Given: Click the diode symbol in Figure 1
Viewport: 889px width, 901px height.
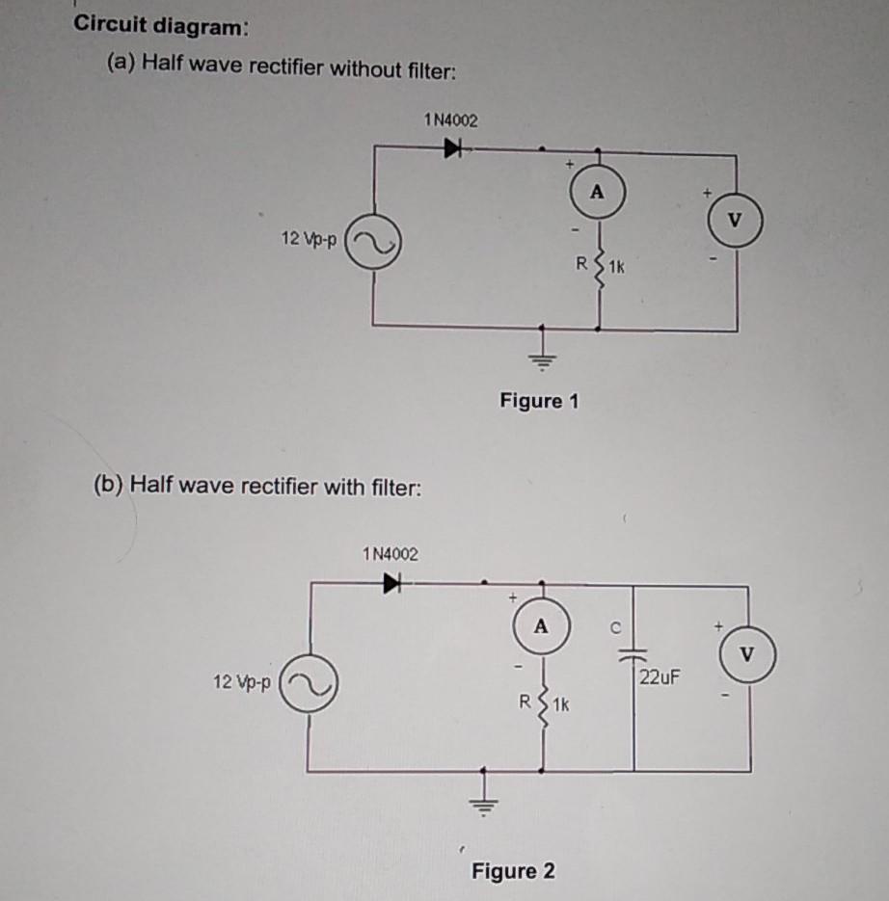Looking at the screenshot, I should click(451, 148).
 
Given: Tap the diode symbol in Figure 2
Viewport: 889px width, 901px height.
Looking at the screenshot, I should click(391, 582).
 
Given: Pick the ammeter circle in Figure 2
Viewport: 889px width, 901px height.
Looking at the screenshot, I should click(541, 625).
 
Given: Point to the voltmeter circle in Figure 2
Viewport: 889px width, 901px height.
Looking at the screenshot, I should click(747, 655).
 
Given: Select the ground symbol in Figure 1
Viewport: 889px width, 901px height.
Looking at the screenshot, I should click(543, 361).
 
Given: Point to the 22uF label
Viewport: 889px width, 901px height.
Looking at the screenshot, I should click(660, 676).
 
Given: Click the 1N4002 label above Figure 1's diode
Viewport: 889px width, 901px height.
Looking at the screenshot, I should click(450, 120).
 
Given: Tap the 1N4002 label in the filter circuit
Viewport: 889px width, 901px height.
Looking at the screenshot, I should click(390, 554).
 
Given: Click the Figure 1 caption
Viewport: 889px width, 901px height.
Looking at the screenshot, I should click(539, 400).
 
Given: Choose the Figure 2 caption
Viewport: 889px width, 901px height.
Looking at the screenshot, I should click(513, 871).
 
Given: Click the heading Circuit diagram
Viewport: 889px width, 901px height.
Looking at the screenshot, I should click(161, 27).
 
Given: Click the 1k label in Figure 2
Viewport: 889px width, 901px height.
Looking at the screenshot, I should click(561, 704).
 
